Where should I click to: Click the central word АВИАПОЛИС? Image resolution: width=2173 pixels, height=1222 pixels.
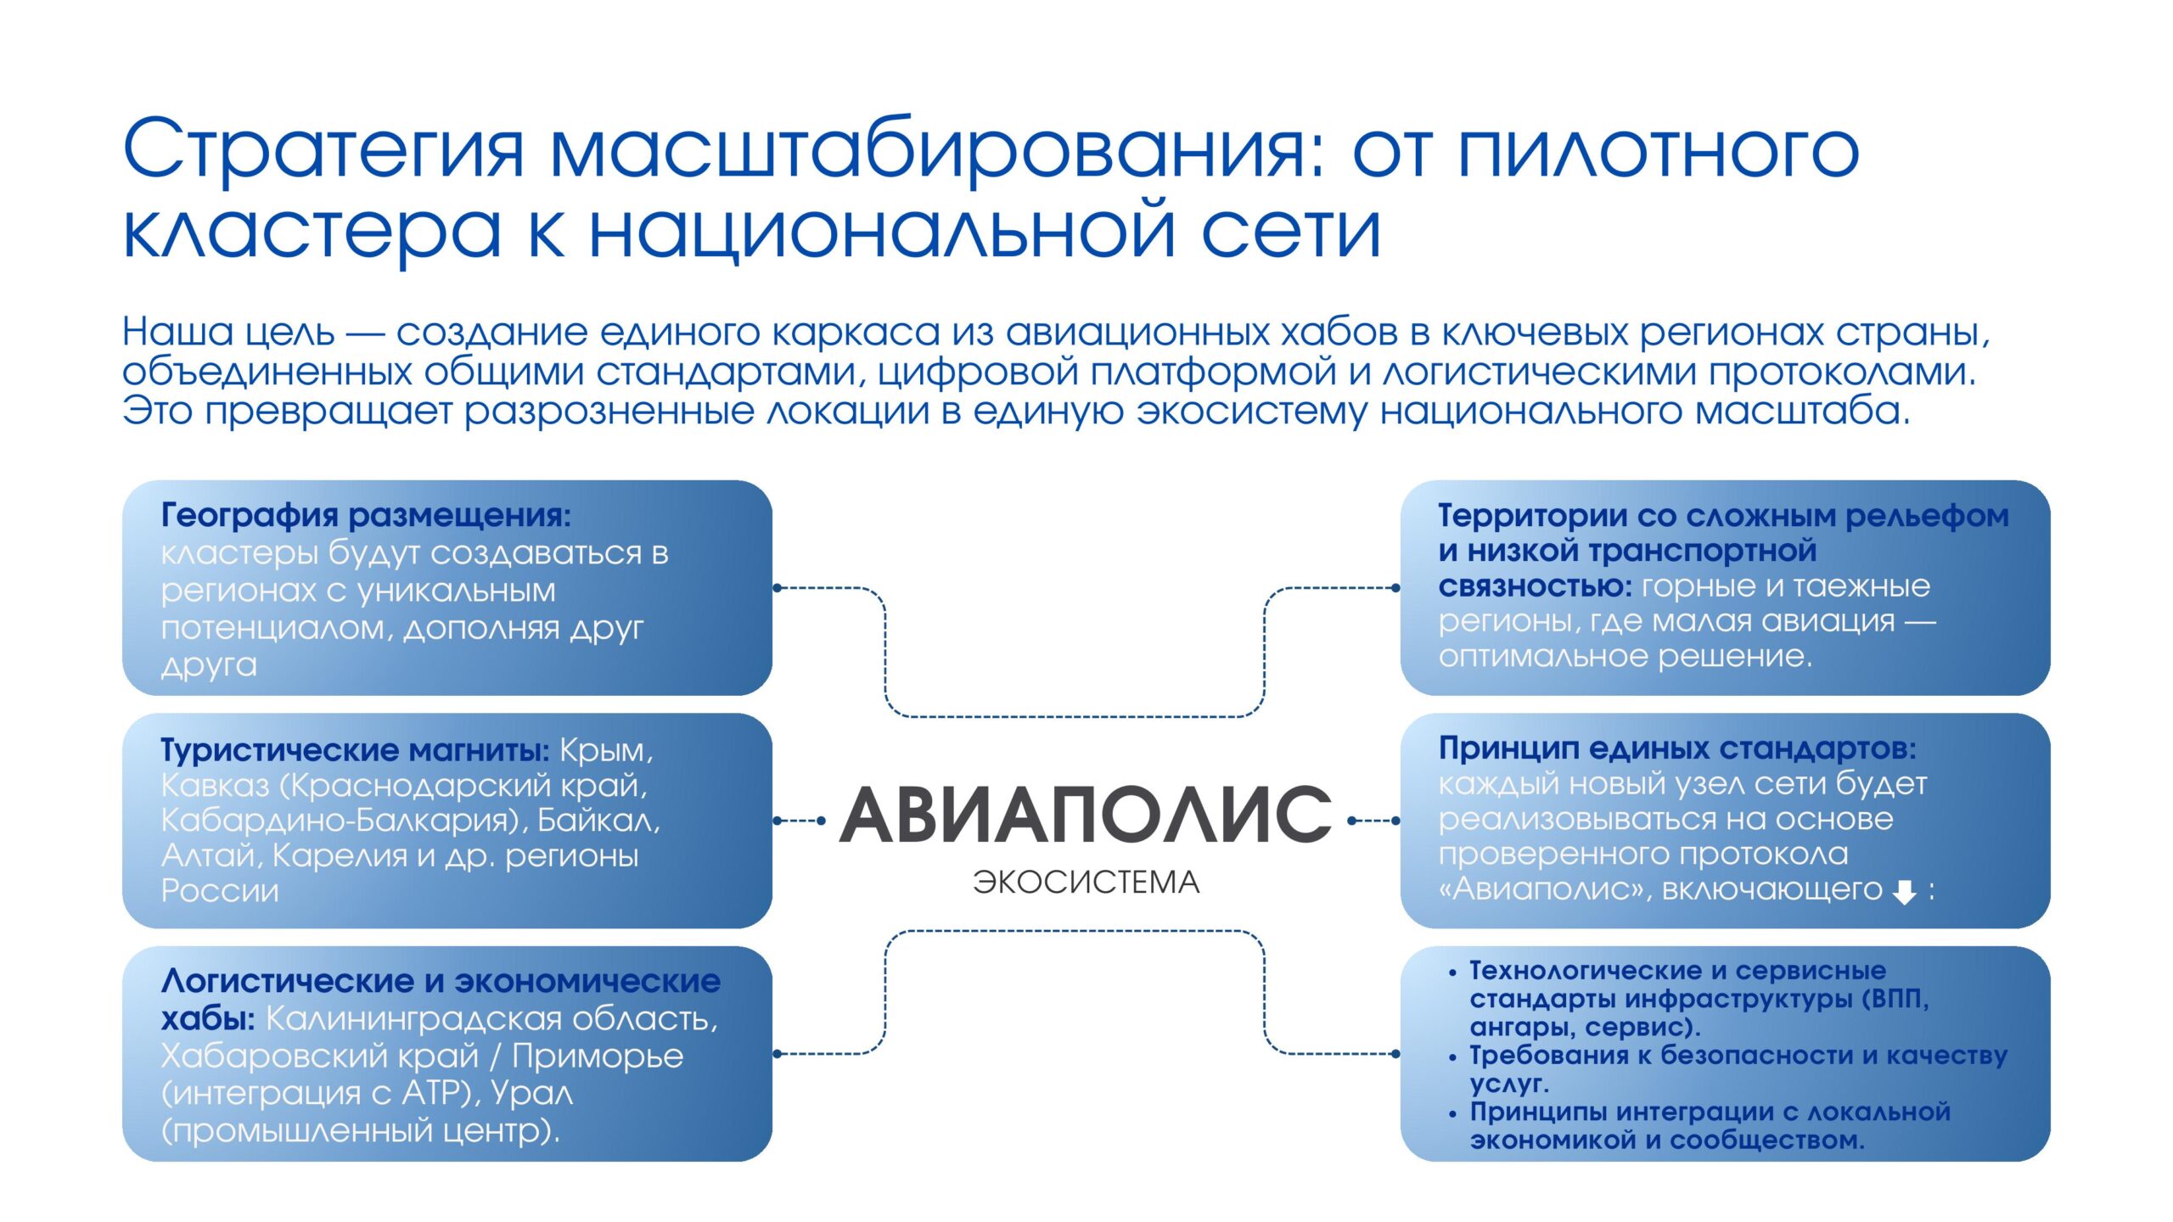[1086, 815]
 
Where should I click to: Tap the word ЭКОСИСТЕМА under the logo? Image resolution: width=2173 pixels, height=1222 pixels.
[1086, 883]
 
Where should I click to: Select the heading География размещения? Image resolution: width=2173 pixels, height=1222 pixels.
[366, 515]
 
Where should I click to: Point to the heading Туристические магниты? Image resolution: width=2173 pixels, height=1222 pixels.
[356, 749]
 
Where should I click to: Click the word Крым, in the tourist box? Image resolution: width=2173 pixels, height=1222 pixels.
[607, 750]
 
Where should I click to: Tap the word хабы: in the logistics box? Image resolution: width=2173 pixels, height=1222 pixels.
[208, 1018]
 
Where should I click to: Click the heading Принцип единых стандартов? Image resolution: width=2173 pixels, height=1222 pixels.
[1676, 748]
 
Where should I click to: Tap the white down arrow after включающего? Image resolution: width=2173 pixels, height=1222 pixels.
[1905, 891]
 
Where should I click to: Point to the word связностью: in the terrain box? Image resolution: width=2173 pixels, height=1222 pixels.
[1535, 586]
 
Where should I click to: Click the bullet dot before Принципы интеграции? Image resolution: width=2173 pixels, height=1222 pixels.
[1453, 1114]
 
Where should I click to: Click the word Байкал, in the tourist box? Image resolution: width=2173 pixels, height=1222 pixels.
[599, 820]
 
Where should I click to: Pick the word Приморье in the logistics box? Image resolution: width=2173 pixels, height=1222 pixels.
[598, 1057]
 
